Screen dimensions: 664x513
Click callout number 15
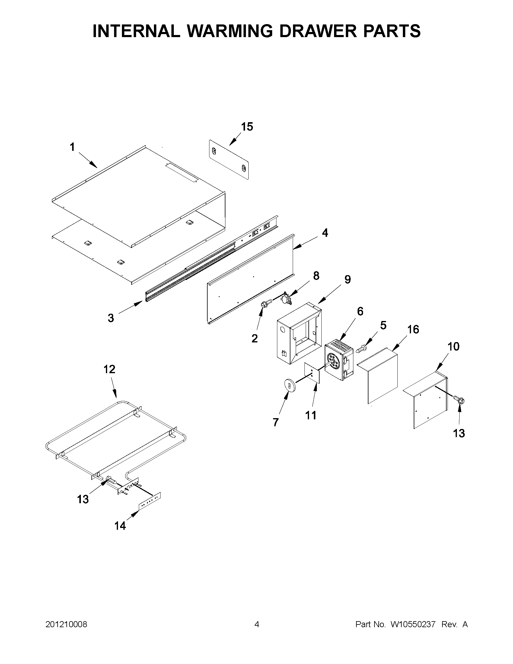click(247, 127)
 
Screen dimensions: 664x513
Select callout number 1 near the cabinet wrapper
click(72, 147)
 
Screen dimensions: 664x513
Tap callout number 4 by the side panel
click(325, 233)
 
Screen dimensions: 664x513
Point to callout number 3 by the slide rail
click(111, 318)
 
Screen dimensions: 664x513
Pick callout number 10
click(453, 346)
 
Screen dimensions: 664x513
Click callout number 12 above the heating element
click(109, 369)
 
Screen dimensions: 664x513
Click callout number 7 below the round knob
click(276, 422)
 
